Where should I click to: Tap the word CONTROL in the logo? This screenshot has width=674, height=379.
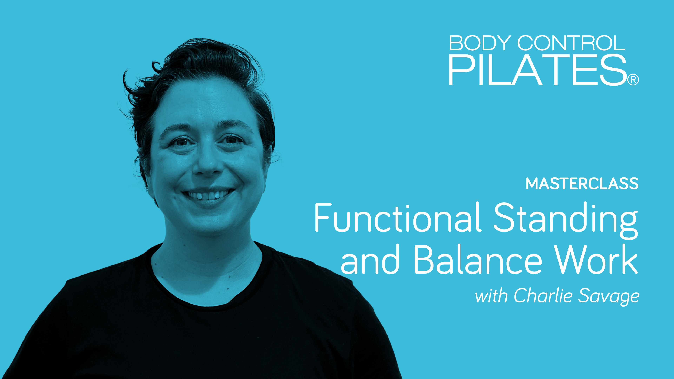point(571,43)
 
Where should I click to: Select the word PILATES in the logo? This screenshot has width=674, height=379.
point(538,70)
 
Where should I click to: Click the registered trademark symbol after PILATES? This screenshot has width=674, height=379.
point(633,80)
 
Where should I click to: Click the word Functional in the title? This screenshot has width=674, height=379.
point(397,218)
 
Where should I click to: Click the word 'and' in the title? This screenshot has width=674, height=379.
point(370,260)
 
